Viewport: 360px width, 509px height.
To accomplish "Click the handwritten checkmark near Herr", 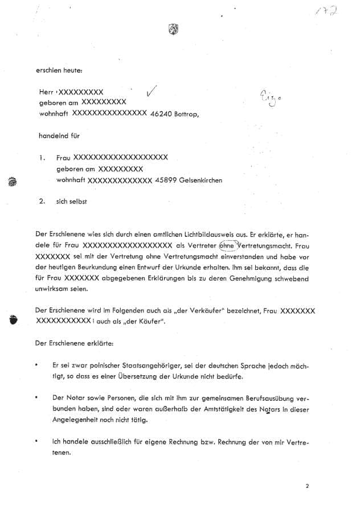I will pyautogui.click(x=151, y=91).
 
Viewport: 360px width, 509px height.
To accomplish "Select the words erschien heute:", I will pyautogui.click(x=59, y=70).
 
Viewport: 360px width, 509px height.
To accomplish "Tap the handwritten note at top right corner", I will pyautogui.click(x=328, y=11).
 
